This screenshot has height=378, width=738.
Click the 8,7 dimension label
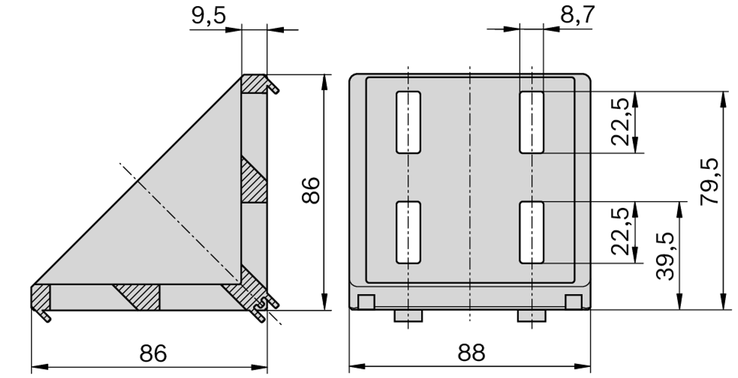click(577, 16)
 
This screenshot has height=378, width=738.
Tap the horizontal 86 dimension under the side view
click(153, 352)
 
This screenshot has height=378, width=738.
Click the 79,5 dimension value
click(709, 182)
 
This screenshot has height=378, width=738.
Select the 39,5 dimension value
click(667, 255)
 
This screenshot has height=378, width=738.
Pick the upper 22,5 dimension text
click(620, 122)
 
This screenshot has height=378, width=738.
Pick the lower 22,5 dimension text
click(620, 232)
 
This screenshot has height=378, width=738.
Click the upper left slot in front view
click(409, 122)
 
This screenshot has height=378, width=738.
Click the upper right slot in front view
click(531, 122)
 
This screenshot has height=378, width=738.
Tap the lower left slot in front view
click(409, 232)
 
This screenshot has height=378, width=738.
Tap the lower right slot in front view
click(531, 232)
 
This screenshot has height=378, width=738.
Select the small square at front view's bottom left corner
click(365, 301)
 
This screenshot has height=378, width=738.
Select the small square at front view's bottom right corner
click(573, 301)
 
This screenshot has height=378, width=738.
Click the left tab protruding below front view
click(408, 315)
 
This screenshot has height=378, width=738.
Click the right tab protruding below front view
click(531, 315)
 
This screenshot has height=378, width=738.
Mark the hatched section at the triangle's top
click(254, 84)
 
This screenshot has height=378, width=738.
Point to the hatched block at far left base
click(41, 298)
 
